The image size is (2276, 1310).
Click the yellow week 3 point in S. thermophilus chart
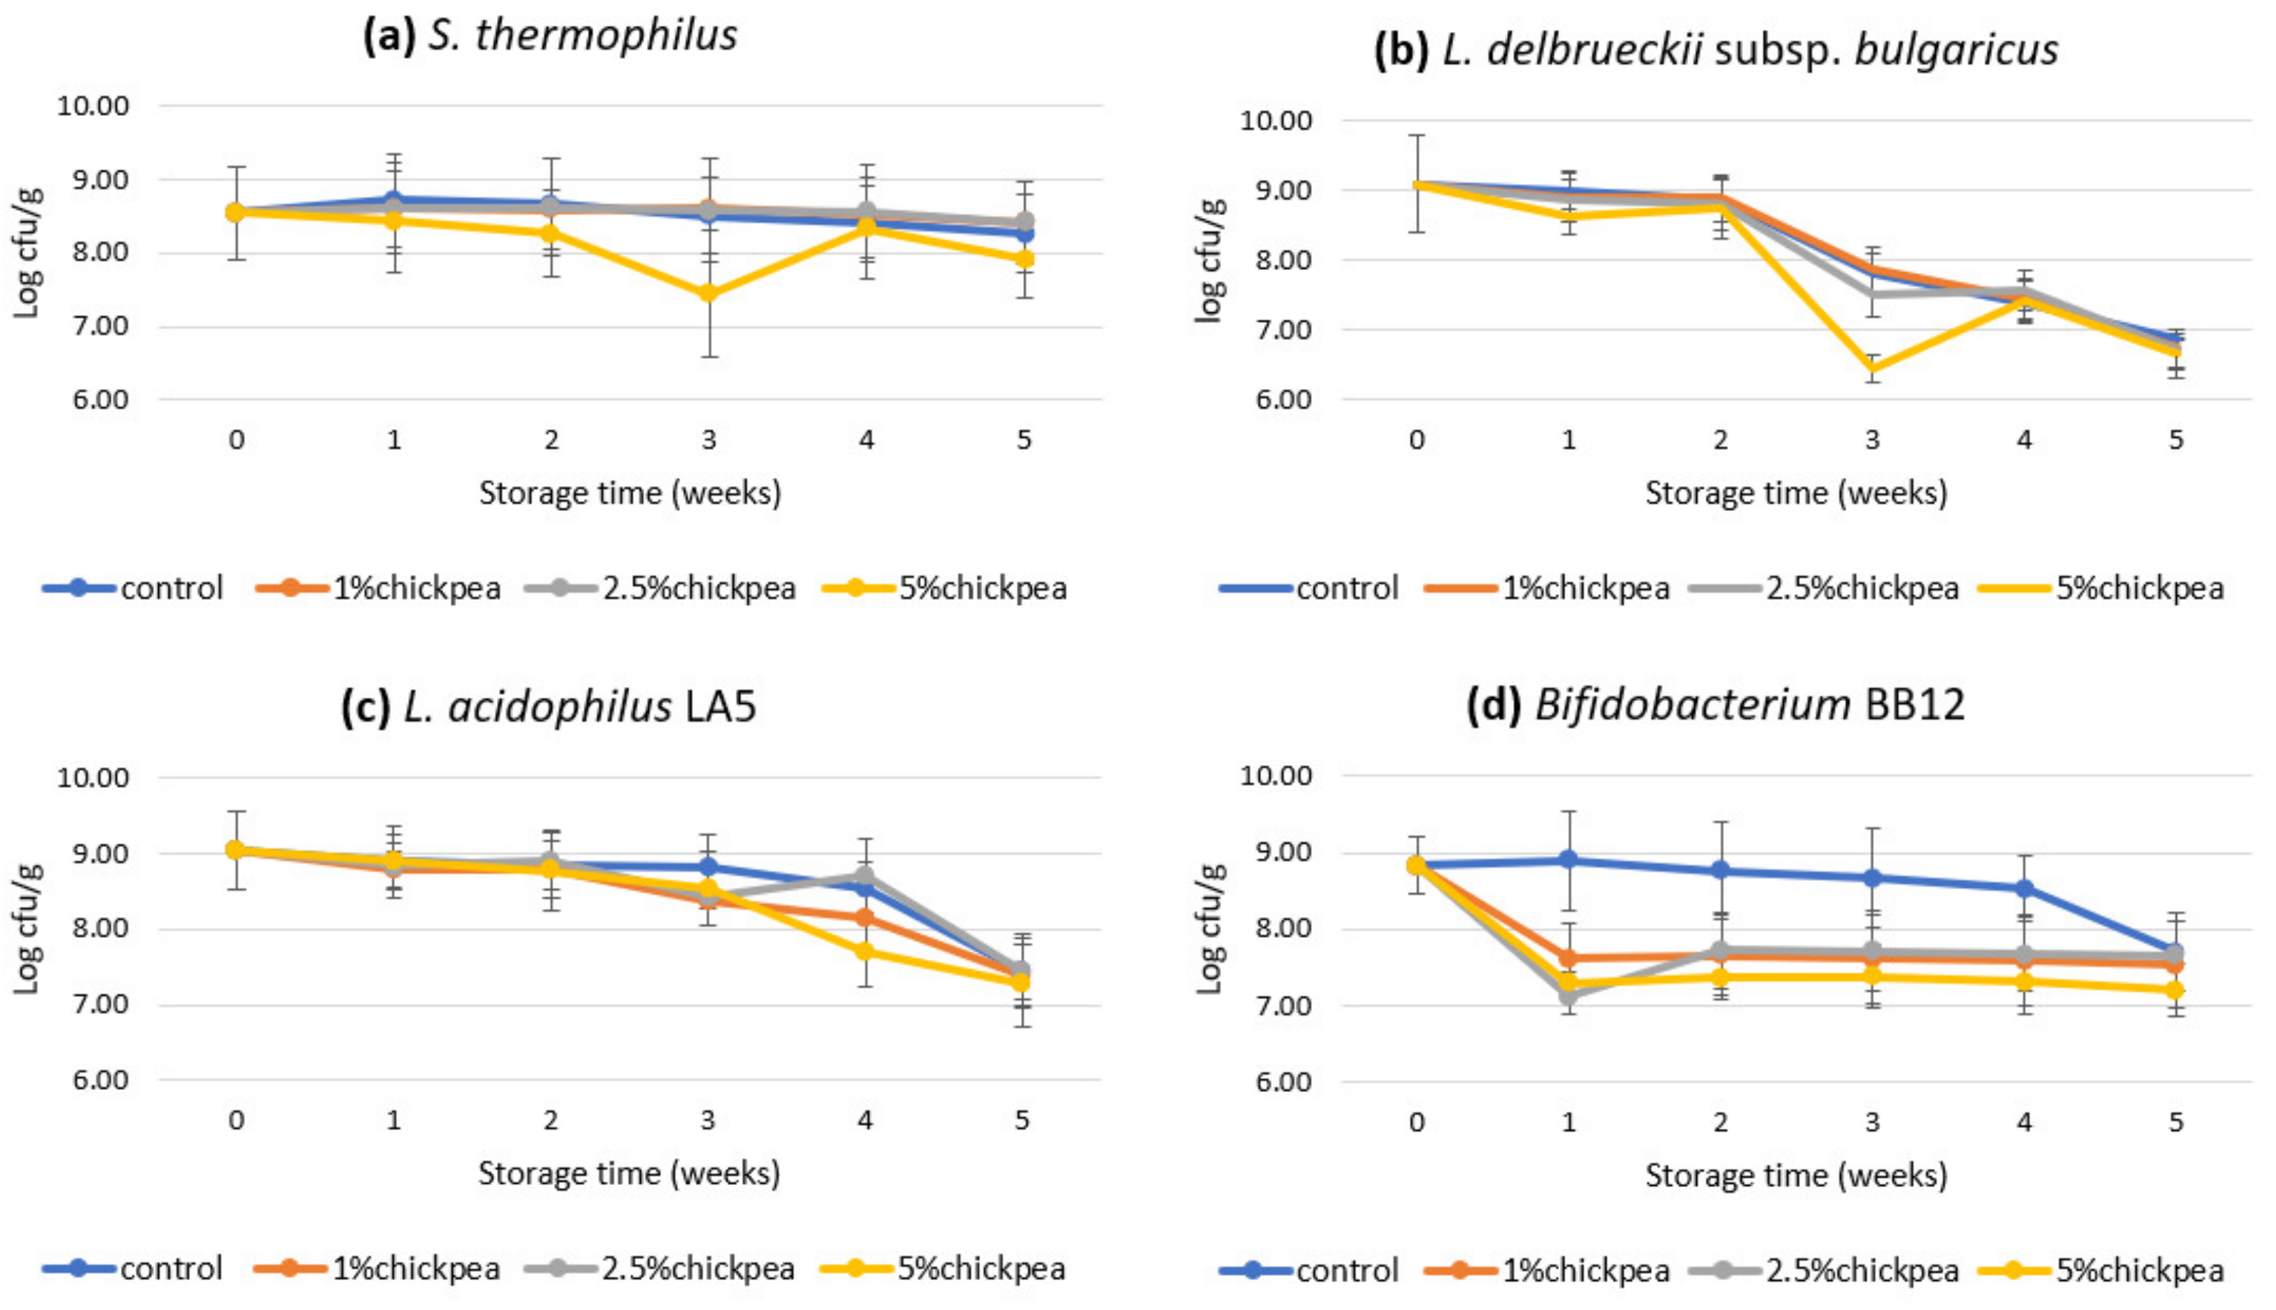tap(709, 294)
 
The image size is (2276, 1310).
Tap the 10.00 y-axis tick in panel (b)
tap(1276, 119)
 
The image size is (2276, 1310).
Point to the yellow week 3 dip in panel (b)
tap(1873, 369)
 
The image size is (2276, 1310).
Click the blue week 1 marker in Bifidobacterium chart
tap(1569, 859)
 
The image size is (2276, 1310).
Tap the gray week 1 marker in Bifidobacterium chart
tap(1569, 995)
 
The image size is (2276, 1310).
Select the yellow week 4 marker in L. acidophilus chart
tap(866, 951)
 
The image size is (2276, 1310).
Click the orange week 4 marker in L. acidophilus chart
tap(866, 918)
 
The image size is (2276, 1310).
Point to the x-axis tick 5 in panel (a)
tap(1024, 440)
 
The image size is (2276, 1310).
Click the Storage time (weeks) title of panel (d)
tap(1796, 1175)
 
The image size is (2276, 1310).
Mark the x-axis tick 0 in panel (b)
tap(1417, 440)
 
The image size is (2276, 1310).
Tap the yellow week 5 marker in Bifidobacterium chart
tap(2176, 991)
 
